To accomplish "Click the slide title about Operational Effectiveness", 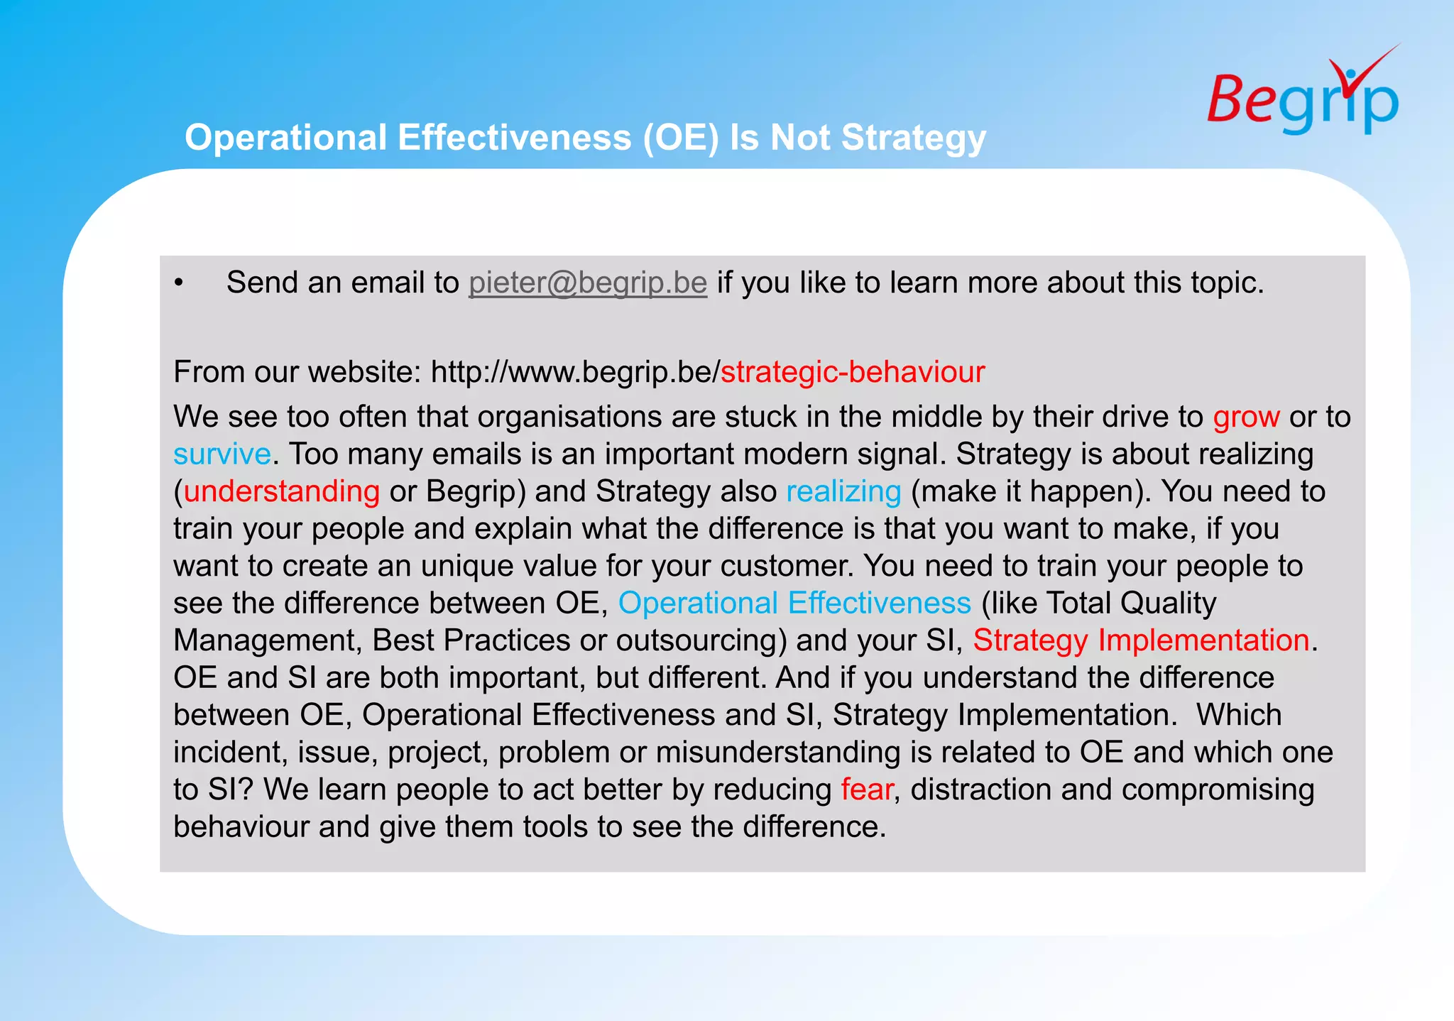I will coord(585,137).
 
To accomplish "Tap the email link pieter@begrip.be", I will coord(588,283).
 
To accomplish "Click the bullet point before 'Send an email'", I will coord(179,283).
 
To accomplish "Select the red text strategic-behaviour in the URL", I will coord(853,372).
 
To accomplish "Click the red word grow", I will coord(1246,417).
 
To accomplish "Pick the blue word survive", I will coord(222,454).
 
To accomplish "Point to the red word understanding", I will coord(282,491).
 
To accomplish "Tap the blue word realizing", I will coord(843,491).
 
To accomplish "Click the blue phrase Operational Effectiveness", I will coord(794,603).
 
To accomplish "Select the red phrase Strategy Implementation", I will coord(1141,640).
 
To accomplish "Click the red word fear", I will coord(866,790).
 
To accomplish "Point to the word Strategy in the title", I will coord(914,137).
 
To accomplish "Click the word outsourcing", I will coord(700,640).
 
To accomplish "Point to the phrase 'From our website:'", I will coord(297,372).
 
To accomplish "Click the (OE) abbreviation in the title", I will coord(681,137).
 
